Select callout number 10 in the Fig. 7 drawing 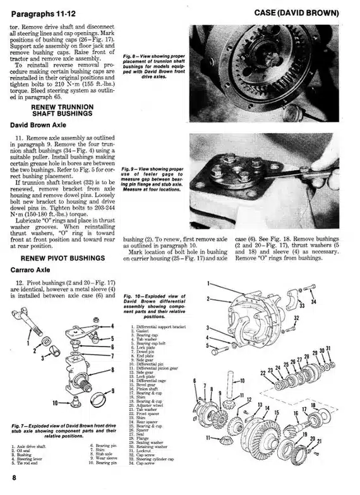coord(55,402)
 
